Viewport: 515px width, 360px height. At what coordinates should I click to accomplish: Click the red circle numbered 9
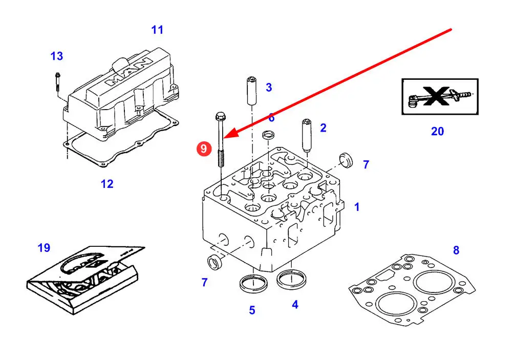coord(204,149)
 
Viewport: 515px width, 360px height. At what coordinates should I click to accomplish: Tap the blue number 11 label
coord(157,30)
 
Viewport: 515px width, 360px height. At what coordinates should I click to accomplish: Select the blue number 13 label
coord(57,56)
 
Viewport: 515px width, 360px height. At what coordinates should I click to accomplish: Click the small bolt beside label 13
coord(57,82)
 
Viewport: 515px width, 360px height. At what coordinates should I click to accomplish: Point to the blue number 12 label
coord(107,184)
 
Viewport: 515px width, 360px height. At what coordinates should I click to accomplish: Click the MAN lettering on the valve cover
coord(128,73)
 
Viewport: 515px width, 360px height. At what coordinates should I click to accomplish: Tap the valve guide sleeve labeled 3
coord(251,91)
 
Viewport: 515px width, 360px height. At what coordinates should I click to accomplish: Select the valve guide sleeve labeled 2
coord(308,135)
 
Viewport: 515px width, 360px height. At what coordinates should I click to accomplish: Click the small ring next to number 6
coord(268,136)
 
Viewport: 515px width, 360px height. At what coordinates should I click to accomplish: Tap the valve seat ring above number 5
coord(253,282)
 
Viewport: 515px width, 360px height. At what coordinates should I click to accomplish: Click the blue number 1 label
coord(357,207)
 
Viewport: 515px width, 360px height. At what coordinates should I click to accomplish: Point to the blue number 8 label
coord(456,250)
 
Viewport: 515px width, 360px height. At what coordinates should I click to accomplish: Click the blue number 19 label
coord(44,248)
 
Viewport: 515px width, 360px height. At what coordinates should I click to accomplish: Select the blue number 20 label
coord(437,132)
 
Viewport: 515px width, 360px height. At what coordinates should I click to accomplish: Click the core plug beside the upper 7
coord(346,160)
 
